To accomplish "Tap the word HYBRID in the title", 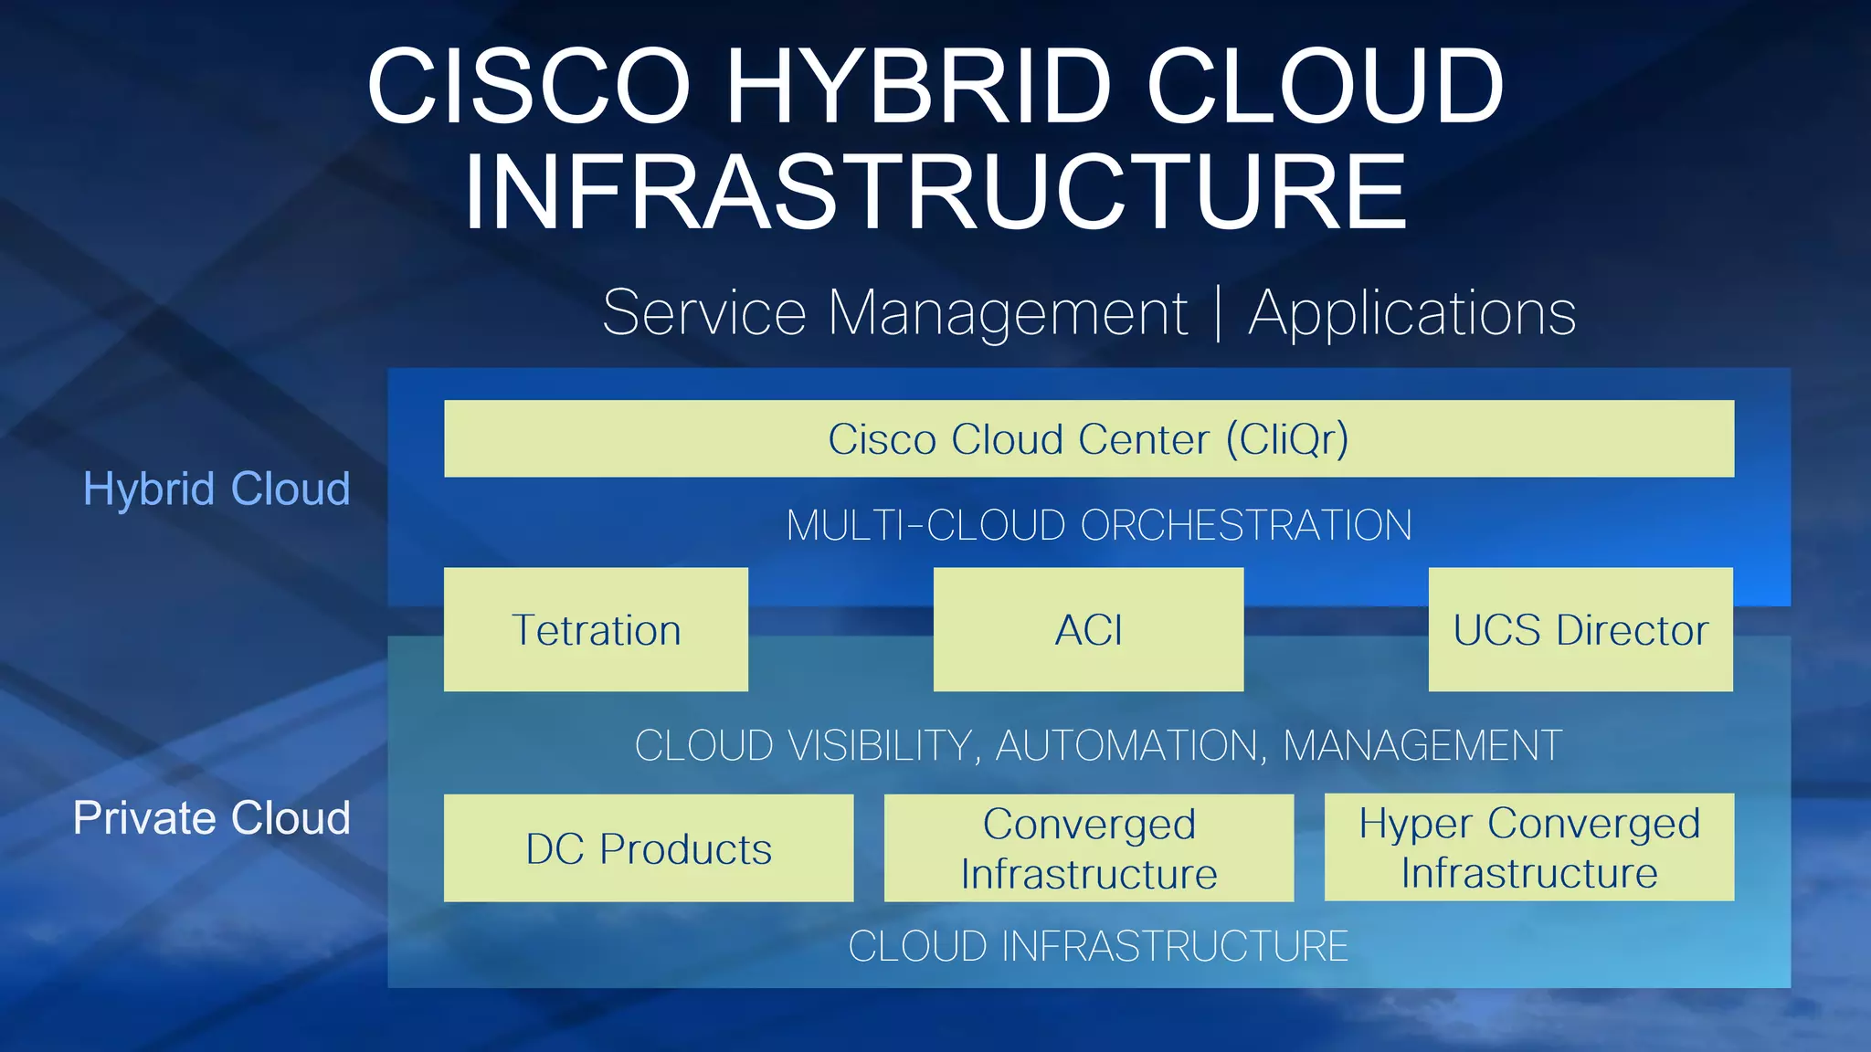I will pos(917,86).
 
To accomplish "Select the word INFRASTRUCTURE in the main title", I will pos(935,192).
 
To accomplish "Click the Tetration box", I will pos(596,629).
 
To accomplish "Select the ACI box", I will pos(1088,629).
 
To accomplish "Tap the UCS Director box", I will pos(1580,629).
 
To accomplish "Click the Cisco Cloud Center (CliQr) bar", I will pos(1088,438).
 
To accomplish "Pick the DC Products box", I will pos(649,848).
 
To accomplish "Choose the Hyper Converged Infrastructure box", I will pos(1529,847).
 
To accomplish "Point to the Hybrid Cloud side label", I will pos(217,489).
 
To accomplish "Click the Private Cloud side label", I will pos(212,817).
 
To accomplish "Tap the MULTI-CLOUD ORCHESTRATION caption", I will pos(1099,525).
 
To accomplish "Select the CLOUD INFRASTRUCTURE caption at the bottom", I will pos(1098,946).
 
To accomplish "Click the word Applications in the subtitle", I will pos(1412,313).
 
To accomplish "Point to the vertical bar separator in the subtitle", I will pos(1219,313).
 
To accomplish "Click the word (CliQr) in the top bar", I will pos(1286,439).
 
